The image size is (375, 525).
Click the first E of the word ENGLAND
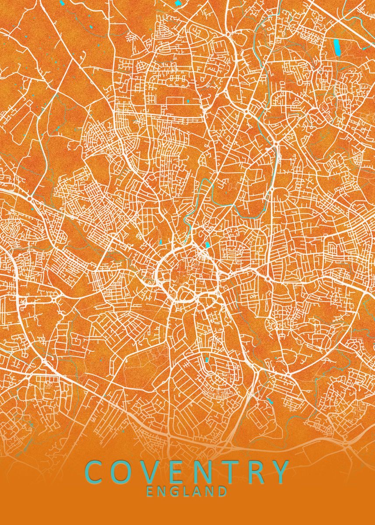click(150, 491)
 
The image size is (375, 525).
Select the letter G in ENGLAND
click(175, 491)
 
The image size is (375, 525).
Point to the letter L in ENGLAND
click(187, 491)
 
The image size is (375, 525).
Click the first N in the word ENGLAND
click(162, 491)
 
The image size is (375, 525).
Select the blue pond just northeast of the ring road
click(207, 245)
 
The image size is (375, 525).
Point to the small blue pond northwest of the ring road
click(160, 241)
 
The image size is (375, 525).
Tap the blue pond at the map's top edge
click(179, 3)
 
